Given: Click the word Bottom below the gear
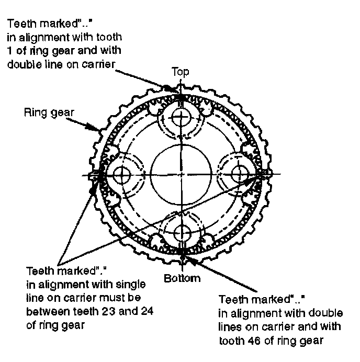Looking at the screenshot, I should (x=182, y=278).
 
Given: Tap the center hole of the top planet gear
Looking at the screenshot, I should (x=181, y=116).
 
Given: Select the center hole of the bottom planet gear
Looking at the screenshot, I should (x=181, y=232).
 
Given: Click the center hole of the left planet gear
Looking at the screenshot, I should (x=123, y=174).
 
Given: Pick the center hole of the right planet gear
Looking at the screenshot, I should (x=239, y=174).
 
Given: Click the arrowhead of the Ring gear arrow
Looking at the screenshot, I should (x=99, y=128).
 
